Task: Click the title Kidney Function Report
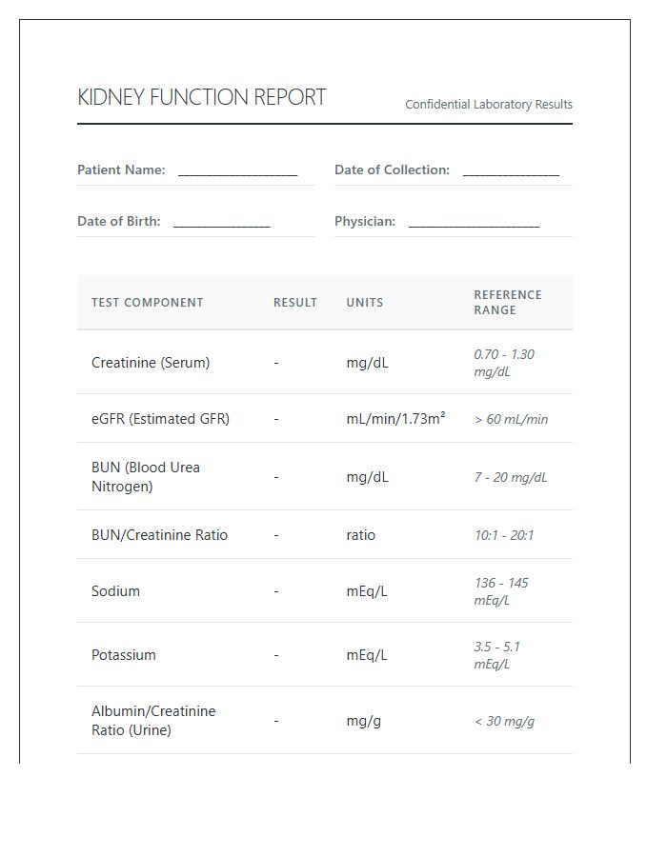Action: (201, 97)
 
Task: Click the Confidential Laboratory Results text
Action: (489, 105)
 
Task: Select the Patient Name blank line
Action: (237, 171)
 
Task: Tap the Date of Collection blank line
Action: (511, 171)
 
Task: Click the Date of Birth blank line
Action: (221, 223)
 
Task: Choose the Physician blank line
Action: (474, 223)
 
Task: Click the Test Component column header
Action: (147, 303)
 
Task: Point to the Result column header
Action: (295, 303)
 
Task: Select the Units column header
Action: (365, 303)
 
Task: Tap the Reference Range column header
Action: (508, 303)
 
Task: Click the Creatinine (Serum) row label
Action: (151, 363)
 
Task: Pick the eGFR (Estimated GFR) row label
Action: (160, 419)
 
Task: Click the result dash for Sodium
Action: (276, 591)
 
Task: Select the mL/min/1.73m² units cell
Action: (395, 419)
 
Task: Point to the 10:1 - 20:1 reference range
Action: (504, 535)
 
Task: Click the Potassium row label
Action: (124, 655)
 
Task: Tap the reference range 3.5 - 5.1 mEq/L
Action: (497, 655)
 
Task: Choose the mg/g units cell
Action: (363, 721)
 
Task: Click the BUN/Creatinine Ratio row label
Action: (159, 535)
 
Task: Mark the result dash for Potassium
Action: (276, 655)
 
